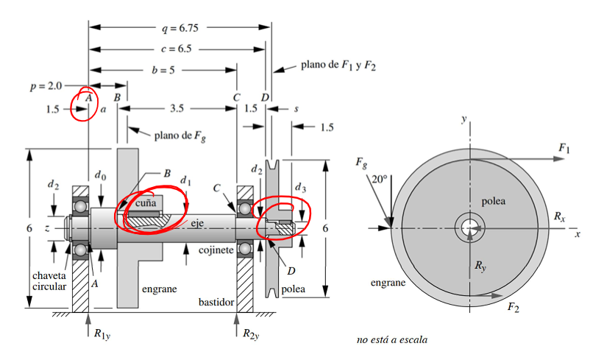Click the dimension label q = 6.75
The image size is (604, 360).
coord(180,29)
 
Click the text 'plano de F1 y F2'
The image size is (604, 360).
coord(338,66)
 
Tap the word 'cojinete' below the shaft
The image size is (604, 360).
coord(216,251)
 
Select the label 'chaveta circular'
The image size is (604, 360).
coord(49,280)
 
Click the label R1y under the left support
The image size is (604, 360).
coord(102,333)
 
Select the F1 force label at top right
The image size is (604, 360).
coord(564,149)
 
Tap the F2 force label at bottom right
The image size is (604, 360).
coord(513,308)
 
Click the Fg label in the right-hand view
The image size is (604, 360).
coord(360,162)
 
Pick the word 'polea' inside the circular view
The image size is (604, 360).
coord(494,201)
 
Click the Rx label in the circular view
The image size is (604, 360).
coord(560,218)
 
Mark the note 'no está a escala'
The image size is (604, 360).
coord(391,340)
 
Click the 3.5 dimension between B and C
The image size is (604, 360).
coord(177,108)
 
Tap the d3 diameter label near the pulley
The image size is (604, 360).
coord(299,188)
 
